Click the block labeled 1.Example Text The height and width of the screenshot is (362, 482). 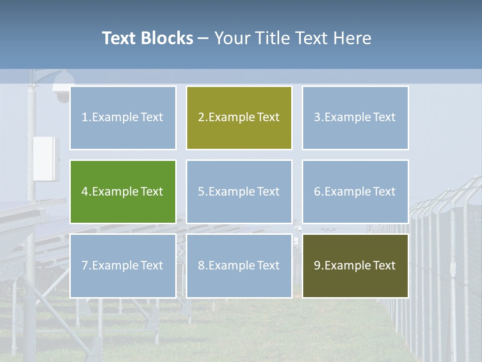pyautogui.click(x=123, y=118)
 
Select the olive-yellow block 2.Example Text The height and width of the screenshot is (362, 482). pyautogui.click(x=239, y=118)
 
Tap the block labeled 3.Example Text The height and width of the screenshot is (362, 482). pyautogui.click(x=355, y=118)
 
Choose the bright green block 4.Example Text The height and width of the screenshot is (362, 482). pyautogui.click(x=123, y=192)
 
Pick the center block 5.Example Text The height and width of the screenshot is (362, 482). pyautogui.click(x=239, y=192)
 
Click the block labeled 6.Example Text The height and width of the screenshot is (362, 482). pyautogui.click(x=355, y=192)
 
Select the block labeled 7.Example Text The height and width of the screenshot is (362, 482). pyautogui.click(x=123, y=265)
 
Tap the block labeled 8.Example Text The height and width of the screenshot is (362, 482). pyautogui.click(x=239, y=265)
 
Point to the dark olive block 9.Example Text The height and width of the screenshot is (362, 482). pyautogui.click(x=355, y=265)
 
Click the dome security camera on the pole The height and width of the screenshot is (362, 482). pyautogui.click(x=62, y=86)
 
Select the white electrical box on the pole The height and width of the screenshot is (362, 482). pyautogui.click(x=46, y=158)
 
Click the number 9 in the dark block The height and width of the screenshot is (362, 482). pyautogui.click(x=317, y=265)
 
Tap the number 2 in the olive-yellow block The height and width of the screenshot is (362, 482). pyautogui.click(x=201, y=118)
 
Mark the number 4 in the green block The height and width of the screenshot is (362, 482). pyautogui.click(x=85, y=192)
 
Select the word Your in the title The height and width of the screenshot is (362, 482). pyautogui.click(x=232, y=38)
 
